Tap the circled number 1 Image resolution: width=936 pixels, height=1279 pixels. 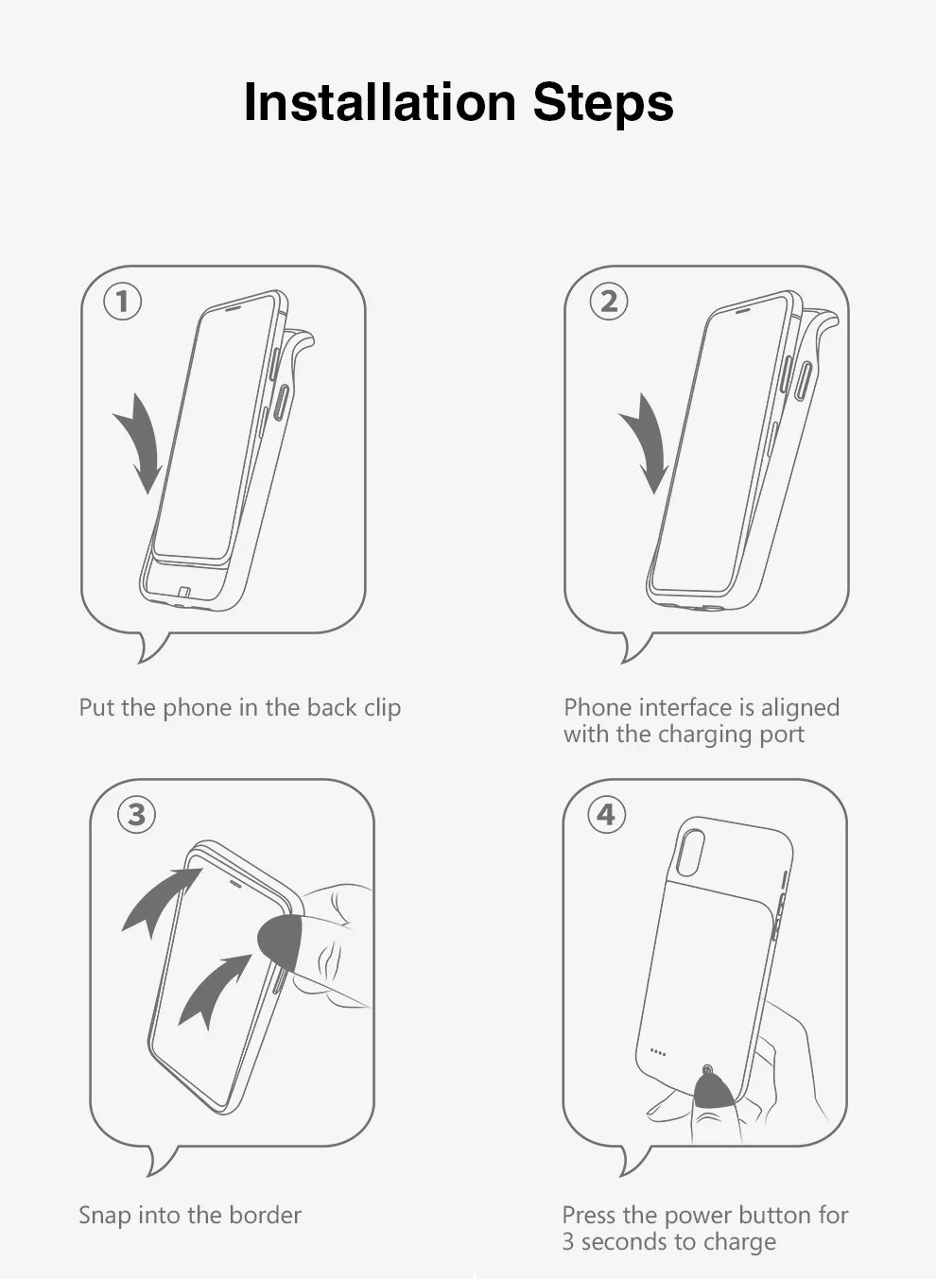pos(122,302)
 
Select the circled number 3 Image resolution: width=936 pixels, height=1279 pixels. pos(136,815)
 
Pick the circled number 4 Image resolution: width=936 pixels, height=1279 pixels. pos(606,815)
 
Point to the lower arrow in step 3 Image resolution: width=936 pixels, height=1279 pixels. pos(210,990)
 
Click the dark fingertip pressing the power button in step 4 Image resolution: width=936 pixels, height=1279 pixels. pos(713,1092)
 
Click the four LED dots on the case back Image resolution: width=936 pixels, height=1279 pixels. pos(658,1052)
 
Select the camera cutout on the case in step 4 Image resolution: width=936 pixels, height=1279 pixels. pos(691,855)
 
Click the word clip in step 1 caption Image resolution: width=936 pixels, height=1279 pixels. pos(382,708)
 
